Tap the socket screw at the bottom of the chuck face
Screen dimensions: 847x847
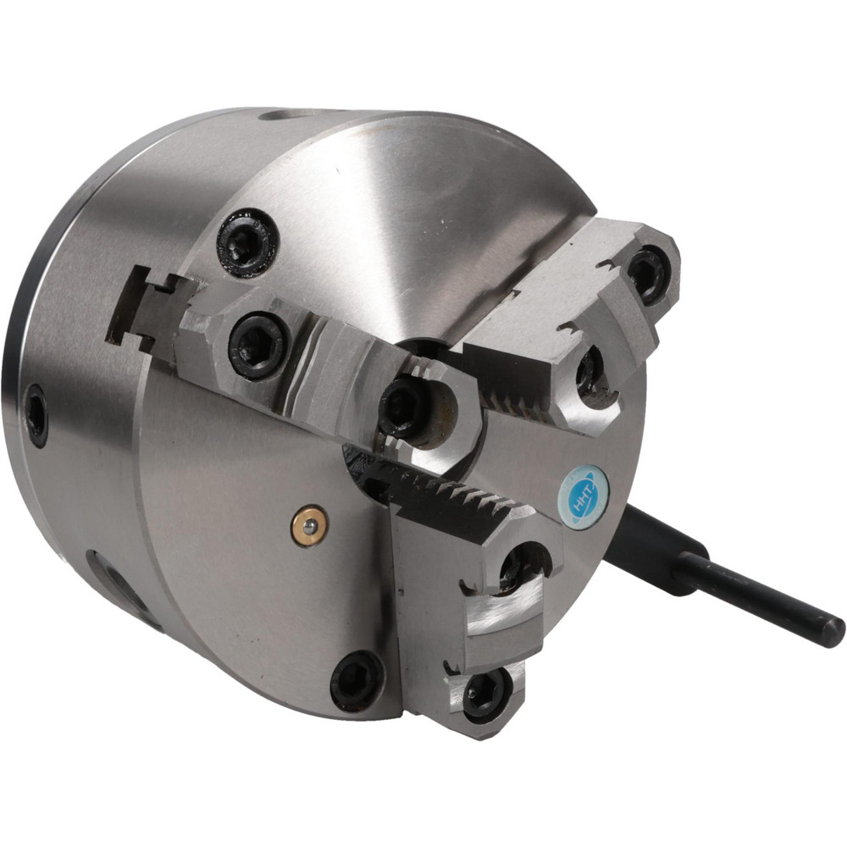click(357, 682)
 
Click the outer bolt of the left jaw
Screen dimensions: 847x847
click(258, 346)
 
